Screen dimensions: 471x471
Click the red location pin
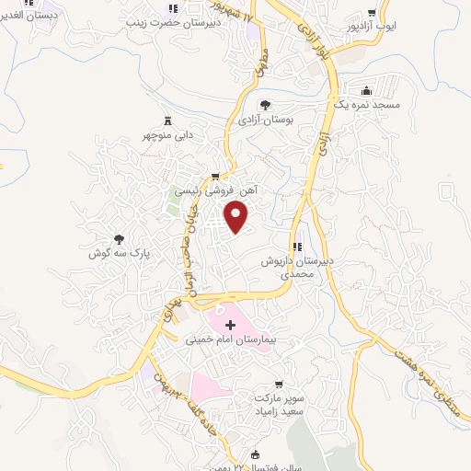[x=237, y=218]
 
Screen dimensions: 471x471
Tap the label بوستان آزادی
[x=265, y=121]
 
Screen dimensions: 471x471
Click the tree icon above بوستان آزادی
[x=265, y=105]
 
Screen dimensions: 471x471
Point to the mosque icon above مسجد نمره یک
[x=367, y=91]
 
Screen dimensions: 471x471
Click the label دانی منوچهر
[x=167, y=135]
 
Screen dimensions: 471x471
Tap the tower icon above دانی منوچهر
[x=167, y=121]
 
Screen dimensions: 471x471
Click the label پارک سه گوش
[x=118, y=252]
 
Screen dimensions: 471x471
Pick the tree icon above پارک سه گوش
[x=118, y=237]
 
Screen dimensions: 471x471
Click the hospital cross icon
[x=230, y=325]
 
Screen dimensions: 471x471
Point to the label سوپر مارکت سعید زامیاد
[x=281, y=405]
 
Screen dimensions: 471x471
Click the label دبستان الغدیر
[x=28, y=16]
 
